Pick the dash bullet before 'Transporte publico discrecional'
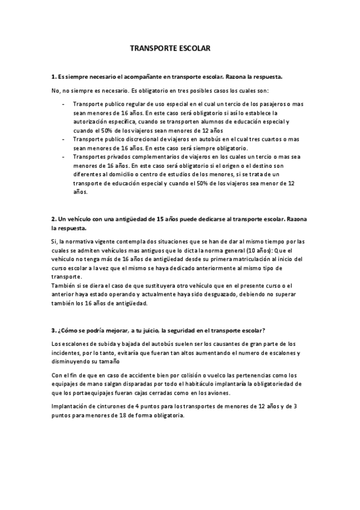[x=64, y=139]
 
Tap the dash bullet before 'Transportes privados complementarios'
[x=64, y=156]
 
